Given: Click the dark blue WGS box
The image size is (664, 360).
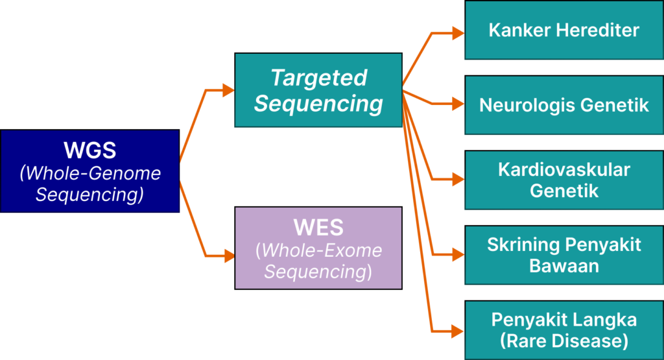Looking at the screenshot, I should [89, 171].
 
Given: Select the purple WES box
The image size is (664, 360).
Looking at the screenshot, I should [318, 248].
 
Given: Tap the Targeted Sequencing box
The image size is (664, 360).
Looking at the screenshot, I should [318, 90].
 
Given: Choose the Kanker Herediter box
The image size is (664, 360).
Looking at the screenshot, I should [563, 30].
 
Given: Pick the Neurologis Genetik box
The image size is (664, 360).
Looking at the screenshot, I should [563, 105].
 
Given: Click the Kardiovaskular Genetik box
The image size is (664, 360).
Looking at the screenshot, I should [563, 180].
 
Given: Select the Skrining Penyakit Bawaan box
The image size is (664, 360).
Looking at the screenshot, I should [563, 255].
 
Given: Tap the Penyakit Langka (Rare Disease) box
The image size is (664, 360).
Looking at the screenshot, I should [563, 330].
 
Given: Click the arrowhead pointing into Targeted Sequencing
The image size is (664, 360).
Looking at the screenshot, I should [228, 90].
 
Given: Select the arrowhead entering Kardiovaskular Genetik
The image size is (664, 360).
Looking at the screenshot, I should [458, 179].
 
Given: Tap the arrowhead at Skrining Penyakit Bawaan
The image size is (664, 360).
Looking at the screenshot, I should [458, 255].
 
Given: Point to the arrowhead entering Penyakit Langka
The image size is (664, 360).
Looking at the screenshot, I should [458, 331].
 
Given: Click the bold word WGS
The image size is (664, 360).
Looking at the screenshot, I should [89, 150].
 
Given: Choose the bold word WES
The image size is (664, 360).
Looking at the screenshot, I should [318, 228].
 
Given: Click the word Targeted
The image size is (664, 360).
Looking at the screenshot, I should [318, 78].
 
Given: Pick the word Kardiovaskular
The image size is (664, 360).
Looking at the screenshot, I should [563, 170].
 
